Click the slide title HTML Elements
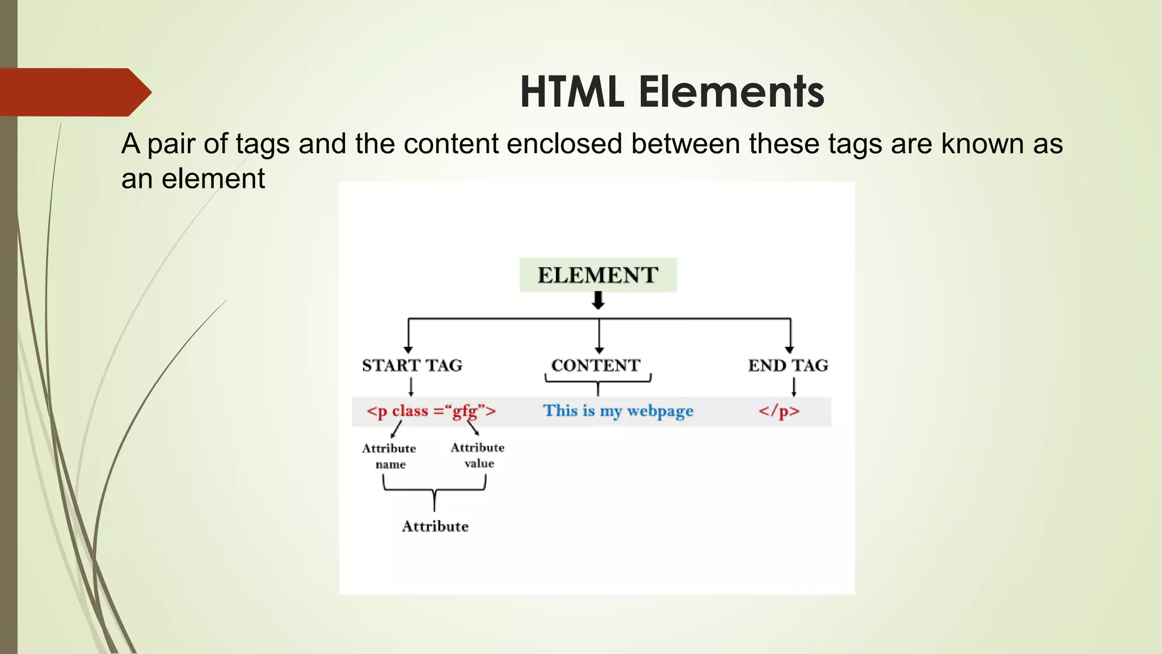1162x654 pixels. pos(672,92)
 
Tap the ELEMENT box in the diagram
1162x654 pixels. pos(598,275)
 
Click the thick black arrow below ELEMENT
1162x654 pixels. pos(598,300)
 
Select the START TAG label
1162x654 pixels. pos(412,365)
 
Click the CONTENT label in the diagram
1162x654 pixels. pos(596,365)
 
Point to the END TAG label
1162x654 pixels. pos(788,365)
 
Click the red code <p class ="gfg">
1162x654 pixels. pos(431,411)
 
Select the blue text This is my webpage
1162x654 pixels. pos(618,411)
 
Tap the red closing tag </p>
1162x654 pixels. pos(779,411)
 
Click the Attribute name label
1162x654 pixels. pos(390,456)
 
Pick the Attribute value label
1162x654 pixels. pos(478,455)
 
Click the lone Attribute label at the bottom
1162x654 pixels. pos(435,526)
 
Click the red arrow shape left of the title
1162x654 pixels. pos(74,92)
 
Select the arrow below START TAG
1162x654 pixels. pos(411,387)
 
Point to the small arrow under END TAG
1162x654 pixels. pos(794,387)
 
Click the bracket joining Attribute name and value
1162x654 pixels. pos(435,490)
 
